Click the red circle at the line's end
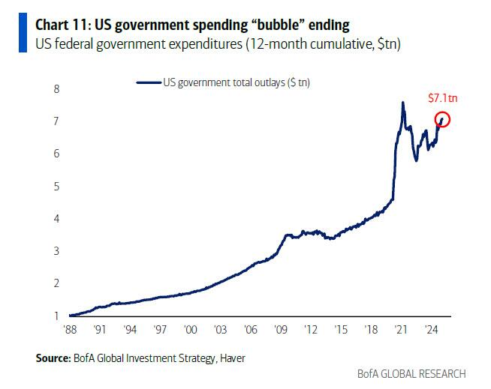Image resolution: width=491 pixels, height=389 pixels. tap(441, 119)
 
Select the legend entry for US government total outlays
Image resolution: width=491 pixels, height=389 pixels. tap(223, 82)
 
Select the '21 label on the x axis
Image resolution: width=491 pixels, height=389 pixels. tap(402, 329)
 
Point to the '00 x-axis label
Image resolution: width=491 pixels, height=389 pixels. tap(191, 329)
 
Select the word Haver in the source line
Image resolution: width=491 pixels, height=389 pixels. tap(230, 359)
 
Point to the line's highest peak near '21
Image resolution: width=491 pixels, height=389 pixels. tap(404, 103)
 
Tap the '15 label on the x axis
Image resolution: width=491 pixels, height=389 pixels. tap(342, 329)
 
